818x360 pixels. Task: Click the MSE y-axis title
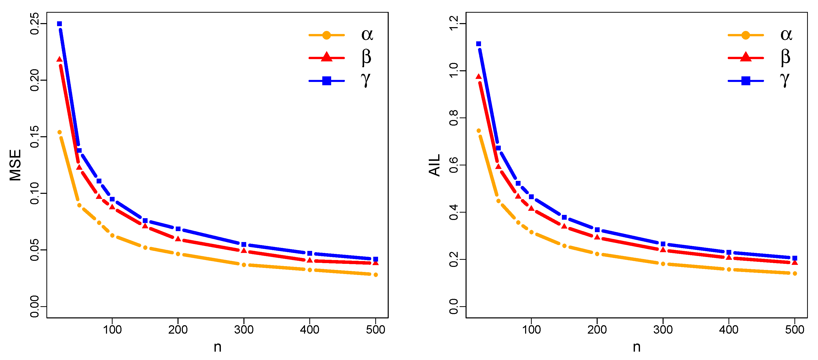(x=15, y=165)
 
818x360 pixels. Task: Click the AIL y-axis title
(x=434, y=165)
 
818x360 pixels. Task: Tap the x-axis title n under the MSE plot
(x=217, y=347)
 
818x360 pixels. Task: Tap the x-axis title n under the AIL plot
(x=636, y=347)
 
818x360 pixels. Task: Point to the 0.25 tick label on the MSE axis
(x=34, y=24)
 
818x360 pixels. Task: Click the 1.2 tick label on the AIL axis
(x=453, y=24)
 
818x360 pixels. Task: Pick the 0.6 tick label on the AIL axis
(x=453, y=165)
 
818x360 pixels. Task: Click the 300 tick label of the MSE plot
(x=244, y=330)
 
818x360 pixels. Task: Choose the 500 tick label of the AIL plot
(x=794, y=330)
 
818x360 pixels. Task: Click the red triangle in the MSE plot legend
(x=326, y=57)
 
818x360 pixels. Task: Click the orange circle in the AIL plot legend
(x=745, y=35)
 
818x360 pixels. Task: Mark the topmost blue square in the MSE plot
(x=59, y=24)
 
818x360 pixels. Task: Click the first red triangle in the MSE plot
(x=59, y=59)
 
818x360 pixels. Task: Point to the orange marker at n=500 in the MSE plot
(x=376, y=275)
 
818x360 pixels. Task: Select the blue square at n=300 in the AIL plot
(x=663, y=244)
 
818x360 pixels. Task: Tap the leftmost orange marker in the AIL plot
(x=478, y=131)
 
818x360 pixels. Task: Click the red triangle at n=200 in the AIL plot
(x=597, y=237)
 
